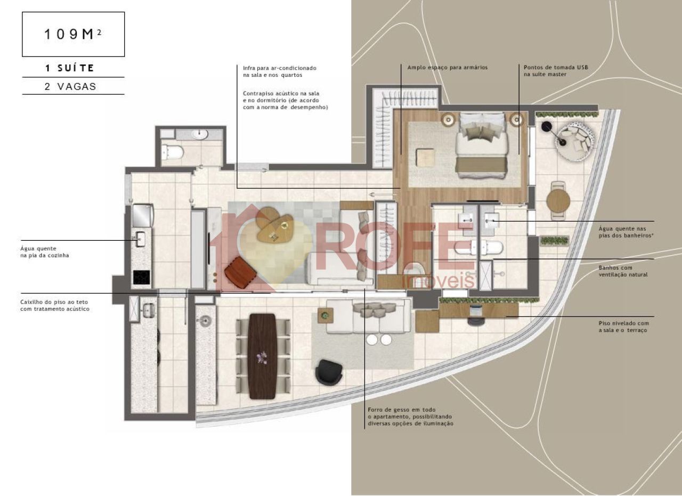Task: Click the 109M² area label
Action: [73, 34]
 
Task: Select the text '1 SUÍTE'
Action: [70, 68]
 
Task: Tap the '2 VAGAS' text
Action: [70, 86]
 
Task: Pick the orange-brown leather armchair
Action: [240, 273]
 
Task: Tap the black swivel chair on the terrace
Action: [329, 372]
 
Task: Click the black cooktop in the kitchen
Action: [142, 277]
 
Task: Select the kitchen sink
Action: [140, 239]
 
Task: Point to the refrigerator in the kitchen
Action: [142, 216]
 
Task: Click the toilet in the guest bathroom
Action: [172, 152]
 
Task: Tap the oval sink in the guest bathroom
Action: [200, 134]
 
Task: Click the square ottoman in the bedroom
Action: [425, 157]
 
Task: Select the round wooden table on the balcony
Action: [558, 201]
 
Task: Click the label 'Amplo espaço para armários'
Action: [447, 67]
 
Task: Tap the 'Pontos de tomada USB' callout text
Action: [556, 67]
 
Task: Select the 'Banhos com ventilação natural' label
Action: [623, 271]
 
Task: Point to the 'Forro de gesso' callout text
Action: [401, 410]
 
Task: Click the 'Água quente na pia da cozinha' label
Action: [44, 252]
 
